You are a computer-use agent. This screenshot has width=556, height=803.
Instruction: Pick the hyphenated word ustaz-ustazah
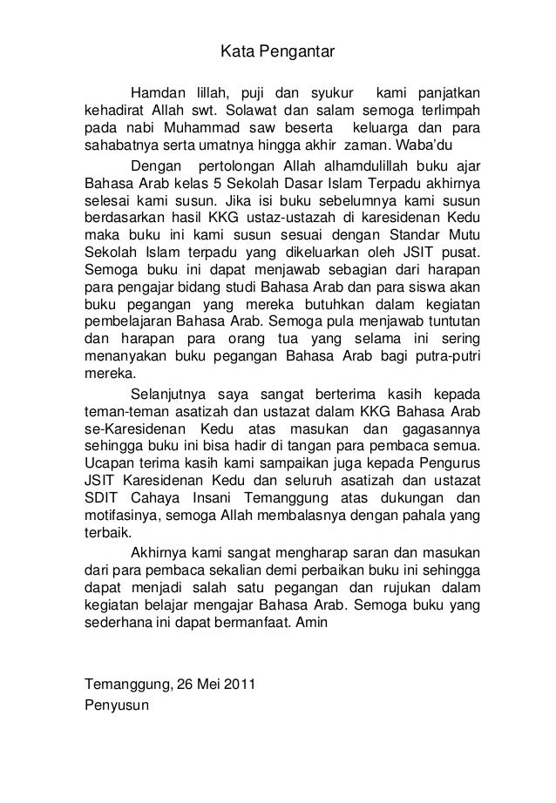tap(323, 218)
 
